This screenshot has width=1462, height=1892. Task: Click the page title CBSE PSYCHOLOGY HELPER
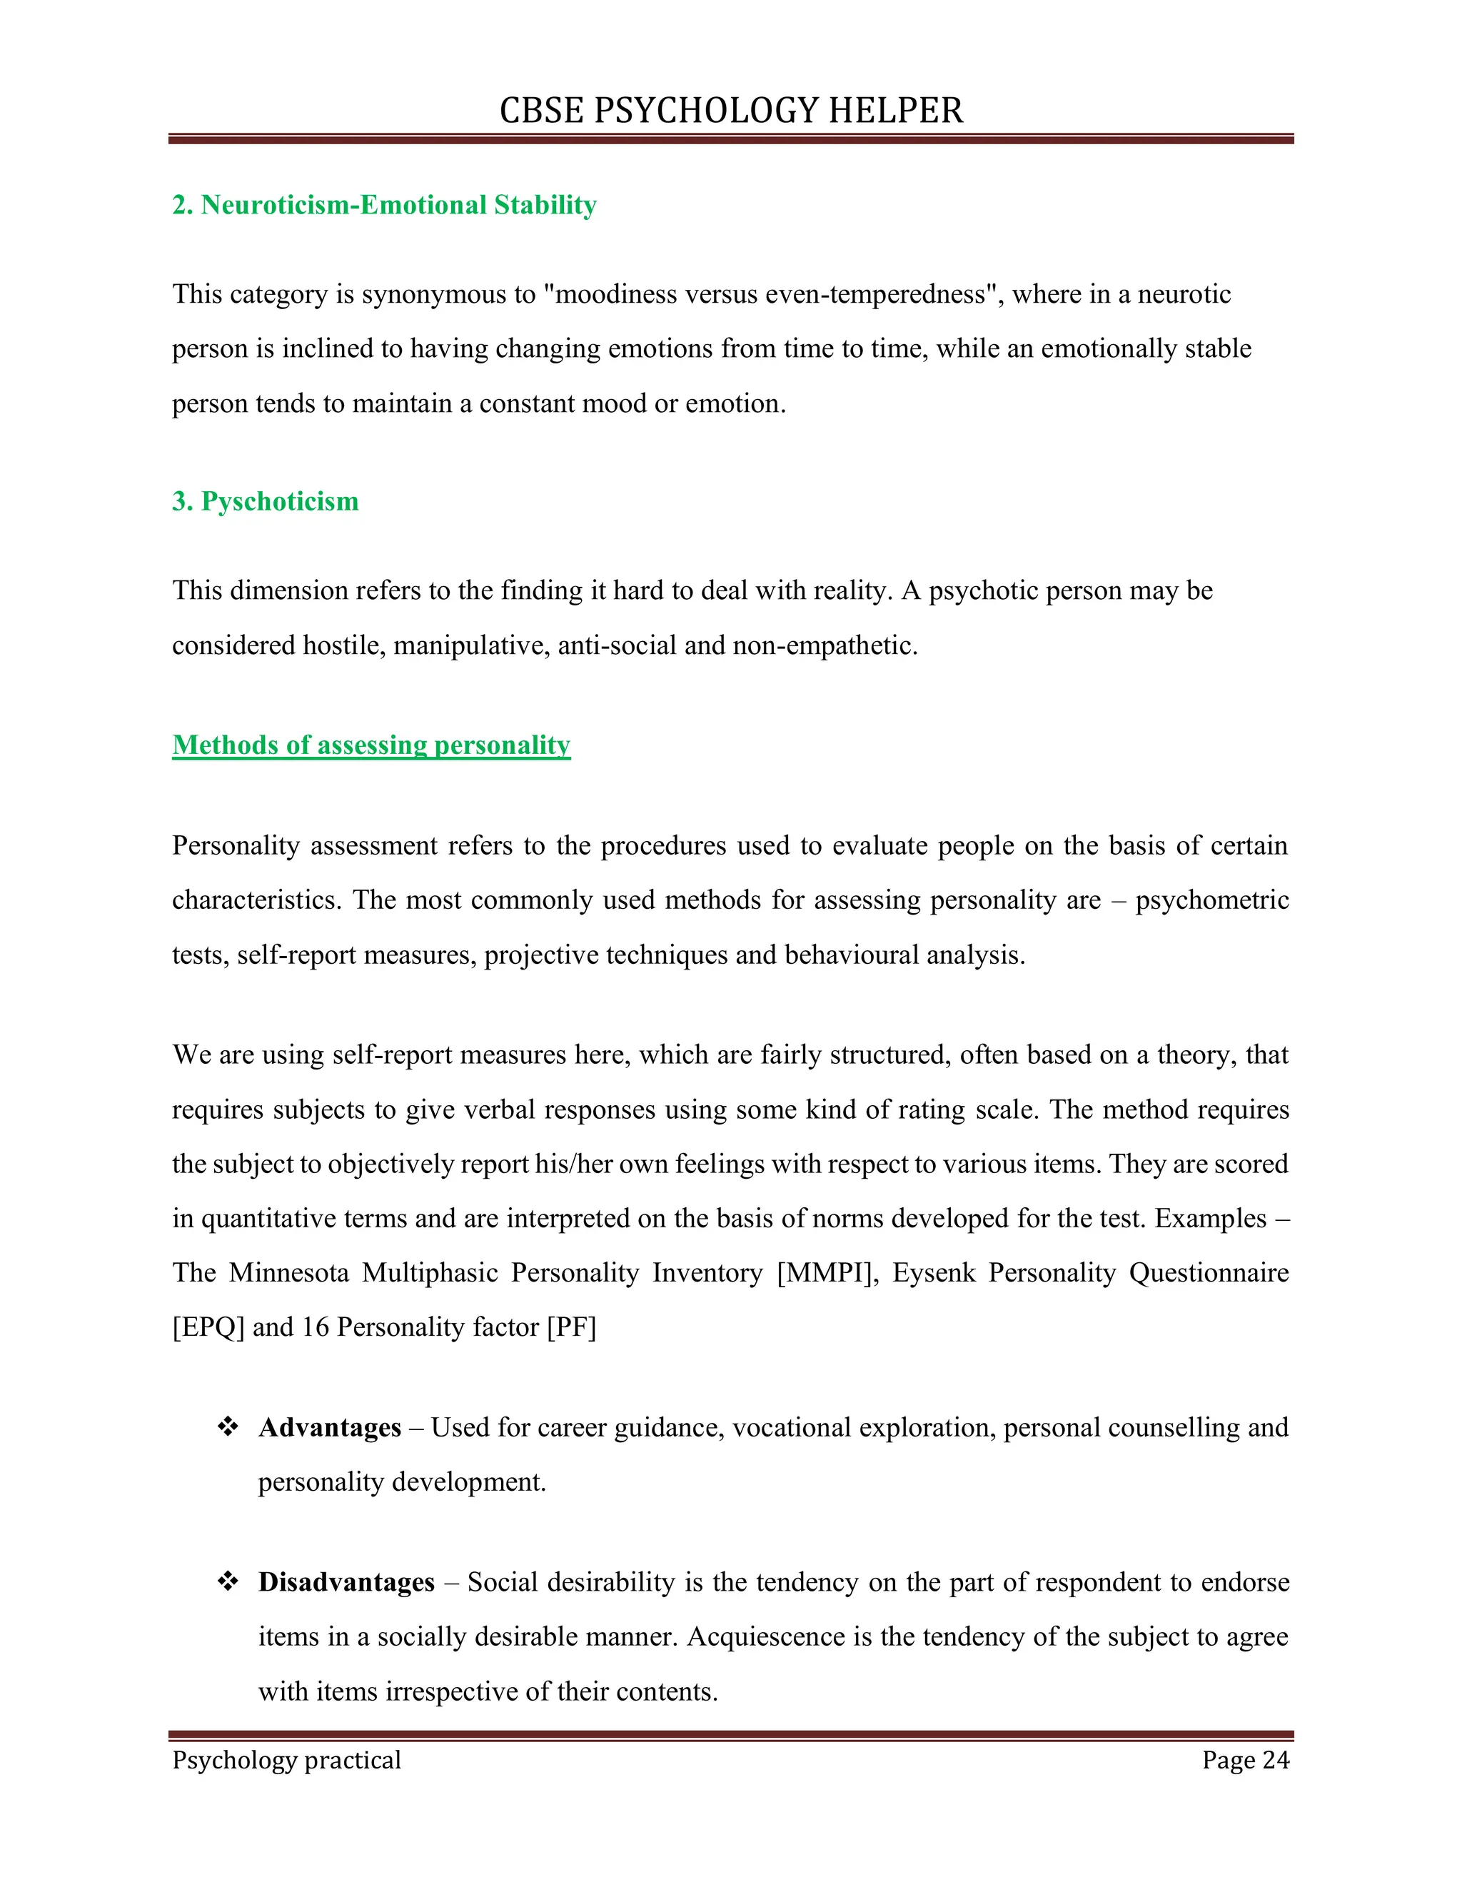coord(731,111)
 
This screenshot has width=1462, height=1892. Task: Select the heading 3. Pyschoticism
coord(265,502)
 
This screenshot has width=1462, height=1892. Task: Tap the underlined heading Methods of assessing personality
coord(370,745)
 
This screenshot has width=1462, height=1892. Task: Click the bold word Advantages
coord(329,1426)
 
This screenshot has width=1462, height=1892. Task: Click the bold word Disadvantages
coord(346,1582)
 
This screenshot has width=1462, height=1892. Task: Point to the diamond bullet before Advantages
coord(228,1426)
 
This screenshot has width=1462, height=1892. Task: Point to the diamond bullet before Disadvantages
coord(228,1581)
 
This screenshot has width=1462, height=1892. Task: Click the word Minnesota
coord(288,1272)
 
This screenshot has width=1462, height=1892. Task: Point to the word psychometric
coord(1211,900)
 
